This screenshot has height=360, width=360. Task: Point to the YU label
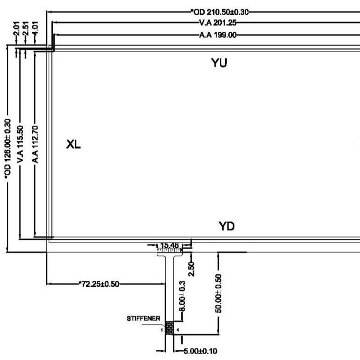[220, 63]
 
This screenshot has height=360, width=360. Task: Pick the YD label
[227, 226]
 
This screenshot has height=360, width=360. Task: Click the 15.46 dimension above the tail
[169, 245]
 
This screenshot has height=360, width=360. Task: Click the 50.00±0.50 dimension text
[219, 293]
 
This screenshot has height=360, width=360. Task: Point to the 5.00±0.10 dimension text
[194, 351]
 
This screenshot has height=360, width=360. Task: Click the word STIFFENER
[143, 318]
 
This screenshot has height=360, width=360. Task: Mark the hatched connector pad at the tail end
[169, 328]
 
